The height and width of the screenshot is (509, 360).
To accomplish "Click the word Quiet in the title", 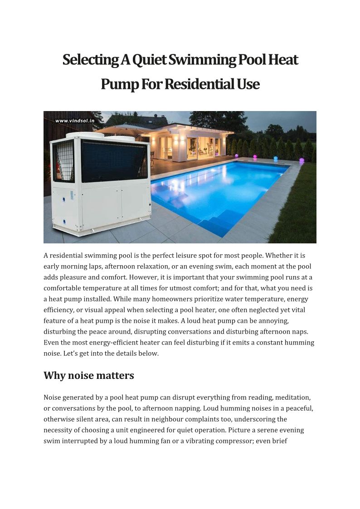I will point(150,60).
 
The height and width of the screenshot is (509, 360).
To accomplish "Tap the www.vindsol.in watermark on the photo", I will point(75,121).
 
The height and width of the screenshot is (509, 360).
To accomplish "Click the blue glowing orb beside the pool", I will point(276,159).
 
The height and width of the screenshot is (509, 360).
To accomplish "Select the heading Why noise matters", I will point(89,375).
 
